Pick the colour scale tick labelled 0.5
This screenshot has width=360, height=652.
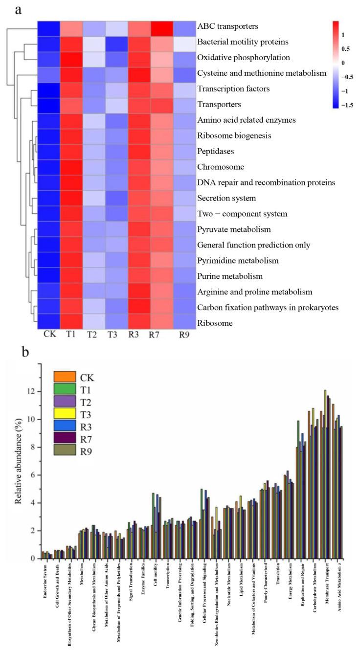tap(345, 48)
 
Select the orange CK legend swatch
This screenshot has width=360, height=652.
tap(65, 377)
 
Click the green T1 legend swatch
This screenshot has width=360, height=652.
tap(65, 392)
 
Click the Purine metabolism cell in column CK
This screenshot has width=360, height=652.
tap(48, 276)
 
